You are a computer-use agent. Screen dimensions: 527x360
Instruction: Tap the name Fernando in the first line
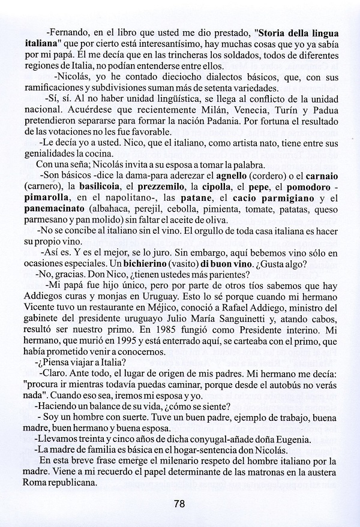[x=68, y=34]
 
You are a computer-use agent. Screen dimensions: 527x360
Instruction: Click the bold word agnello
[x=235, y=176]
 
